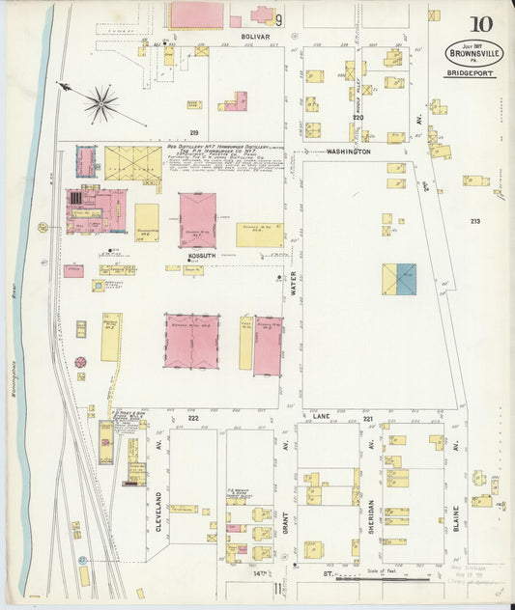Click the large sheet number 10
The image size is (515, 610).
coord(480,24)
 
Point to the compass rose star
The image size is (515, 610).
coord(100,102)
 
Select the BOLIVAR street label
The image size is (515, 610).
coord(256,36)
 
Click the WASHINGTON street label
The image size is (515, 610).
coord(348,152)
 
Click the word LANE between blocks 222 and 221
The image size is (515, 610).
coord(322,414)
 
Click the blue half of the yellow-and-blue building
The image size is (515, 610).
coord(407,279)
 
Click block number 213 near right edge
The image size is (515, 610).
coord(474,221)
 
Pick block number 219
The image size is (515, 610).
coord(193,132)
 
